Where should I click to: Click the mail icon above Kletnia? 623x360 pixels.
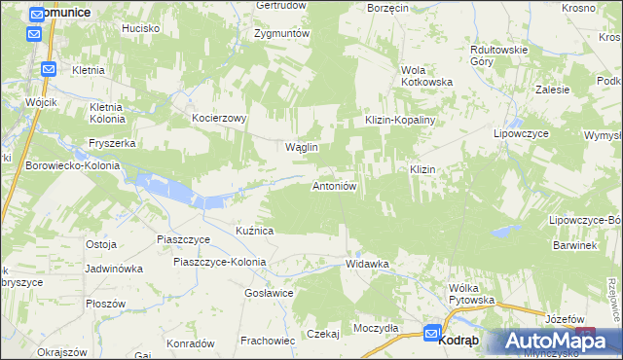[48, 69]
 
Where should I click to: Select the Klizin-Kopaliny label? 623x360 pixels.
[400, 118]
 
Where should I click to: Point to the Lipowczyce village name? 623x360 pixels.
[524, 132]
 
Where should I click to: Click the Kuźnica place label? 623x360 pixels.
[254, 231]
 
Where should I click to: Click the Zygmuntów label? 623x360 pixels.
[281, 33]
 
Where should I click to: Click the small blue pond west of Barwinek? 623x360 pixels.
[503, 231]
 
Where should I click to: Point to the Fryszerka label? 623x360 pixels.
[111, 142]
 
